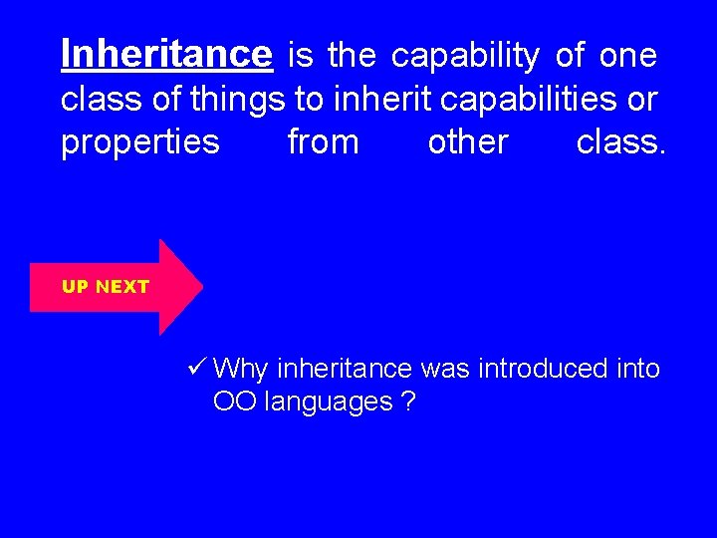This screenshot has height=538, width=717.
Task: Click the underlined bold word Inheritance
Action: point(165,55)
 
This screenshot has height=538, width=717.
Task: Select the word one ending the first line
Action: point(627,56)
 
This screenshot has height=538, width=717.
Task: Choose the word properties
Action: point(139,143)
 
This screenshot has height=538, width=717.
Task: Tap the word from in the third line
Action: point(323,142)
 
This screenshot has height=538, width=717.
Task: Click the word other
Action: point(467,142)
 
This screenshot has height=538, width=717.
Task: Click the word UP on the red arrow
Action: point(75,287)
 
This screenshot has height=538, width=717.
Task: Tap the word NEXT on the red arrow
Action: point(123,287)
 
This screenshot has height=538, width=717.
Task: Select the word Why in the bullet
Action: point(241,370)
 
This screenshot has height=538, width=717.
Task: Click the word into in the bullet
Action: point(638,369)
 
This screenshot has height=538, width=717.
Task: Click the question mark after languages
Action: point(408,403)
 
